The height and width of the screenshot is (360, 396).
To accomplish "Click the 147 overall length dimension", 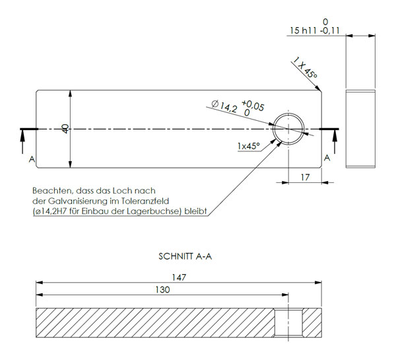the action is [179, 277].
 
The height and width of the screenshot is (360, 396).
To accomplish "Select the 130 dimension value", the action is [162, 289].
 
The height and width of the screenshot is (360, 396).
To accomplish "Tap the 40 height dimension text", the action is [65, 129].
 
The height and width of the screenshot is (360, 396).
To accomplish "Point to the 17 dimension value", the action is [305, 178].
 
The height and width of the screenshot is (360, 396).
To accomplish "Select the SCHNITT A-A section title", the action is [185, 256].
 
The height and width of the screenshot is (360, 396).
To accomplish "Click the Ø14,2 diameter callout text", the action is [224, 106].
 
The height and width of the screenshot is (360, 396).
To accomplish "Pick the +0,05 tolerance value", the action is [253, 106].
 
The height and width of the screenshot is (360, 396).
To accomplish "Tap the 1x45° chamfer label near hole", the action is [249, 146].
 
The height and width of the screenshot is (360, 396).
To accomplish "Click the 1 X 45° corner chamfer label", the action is [305, 68].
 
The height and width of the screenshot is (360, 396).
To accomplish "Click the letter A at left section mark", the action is [32, 159].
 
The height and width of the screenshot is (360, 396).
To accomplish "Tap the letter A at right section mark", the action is [327, 158].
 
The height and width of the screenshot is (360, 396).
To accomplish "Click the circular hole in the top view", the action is [288, 129].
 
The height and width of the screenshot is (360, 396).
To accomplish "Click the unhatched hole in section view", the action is [288, 323].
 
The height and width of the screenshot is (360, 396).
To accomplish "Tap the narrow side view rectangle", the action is [360, 129].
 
